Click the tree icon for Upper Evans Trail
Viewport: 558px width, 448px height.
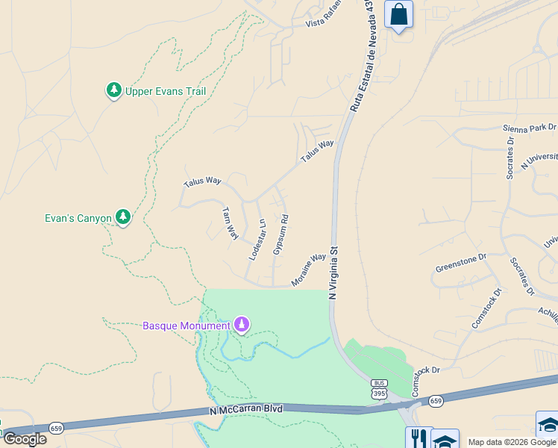113,91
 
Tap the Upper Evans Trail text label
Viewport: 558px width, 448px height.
165,91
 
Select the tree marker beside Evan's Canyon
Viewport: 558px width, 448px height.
124,217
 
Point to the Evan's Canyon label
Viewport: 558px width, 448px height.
78,218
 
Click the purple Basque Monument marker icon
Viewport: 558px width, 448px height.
241,325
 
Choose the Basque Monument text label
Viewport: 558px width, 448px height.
186,326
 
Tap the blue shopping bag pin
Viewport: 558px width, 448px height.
398,15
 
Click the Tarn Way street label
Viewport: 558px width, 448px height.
231,223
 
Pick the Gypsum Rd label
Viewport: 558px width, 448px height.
280,234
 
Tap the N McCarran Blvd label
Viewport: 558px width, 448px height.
247,410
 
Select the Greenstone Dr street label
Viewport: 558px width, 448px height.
460,263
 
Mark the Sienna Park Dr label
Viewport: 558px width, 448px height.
530,128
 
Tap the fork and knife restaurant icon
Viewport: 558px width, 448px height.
418,438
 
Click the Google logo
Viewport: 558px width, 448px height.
25,438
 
